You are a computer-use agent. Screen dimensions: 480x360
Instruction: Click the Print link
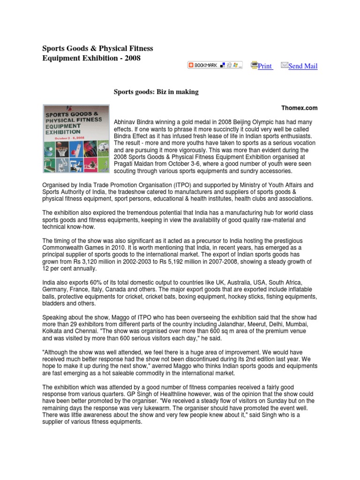[265, 66]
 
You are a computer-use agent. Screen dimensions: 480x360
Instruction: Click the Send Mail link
[303, 66]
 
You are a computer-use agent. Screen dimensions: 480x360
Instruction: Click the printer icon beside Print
[254, 65]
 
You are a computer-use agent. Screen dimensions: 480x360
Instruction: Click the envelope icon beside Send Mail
[284, 65]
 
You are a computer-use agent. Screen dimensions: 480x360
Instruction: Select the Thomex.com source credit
[300, 108]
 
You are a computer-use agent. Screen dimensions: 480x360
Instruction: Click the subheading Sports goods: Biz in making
[157, 92]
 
